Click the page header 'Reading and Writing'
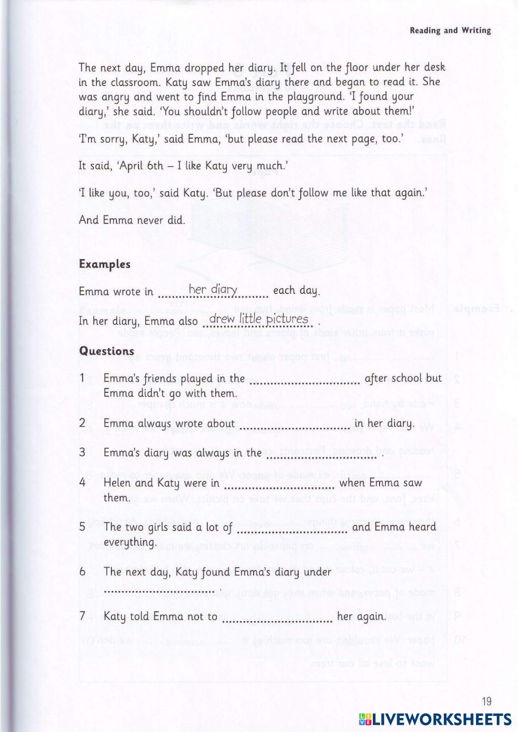click(450, 30)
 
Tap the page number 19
click(486, 701)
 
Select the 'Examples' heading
click(105, 264)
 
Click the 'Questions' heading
click(107, 351)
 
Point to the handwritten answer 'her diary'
click(213, 289)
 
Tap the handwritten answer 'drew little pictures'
click(259, 319)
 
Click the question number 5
click(82, 527)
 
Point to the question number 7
click(82, 616)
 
